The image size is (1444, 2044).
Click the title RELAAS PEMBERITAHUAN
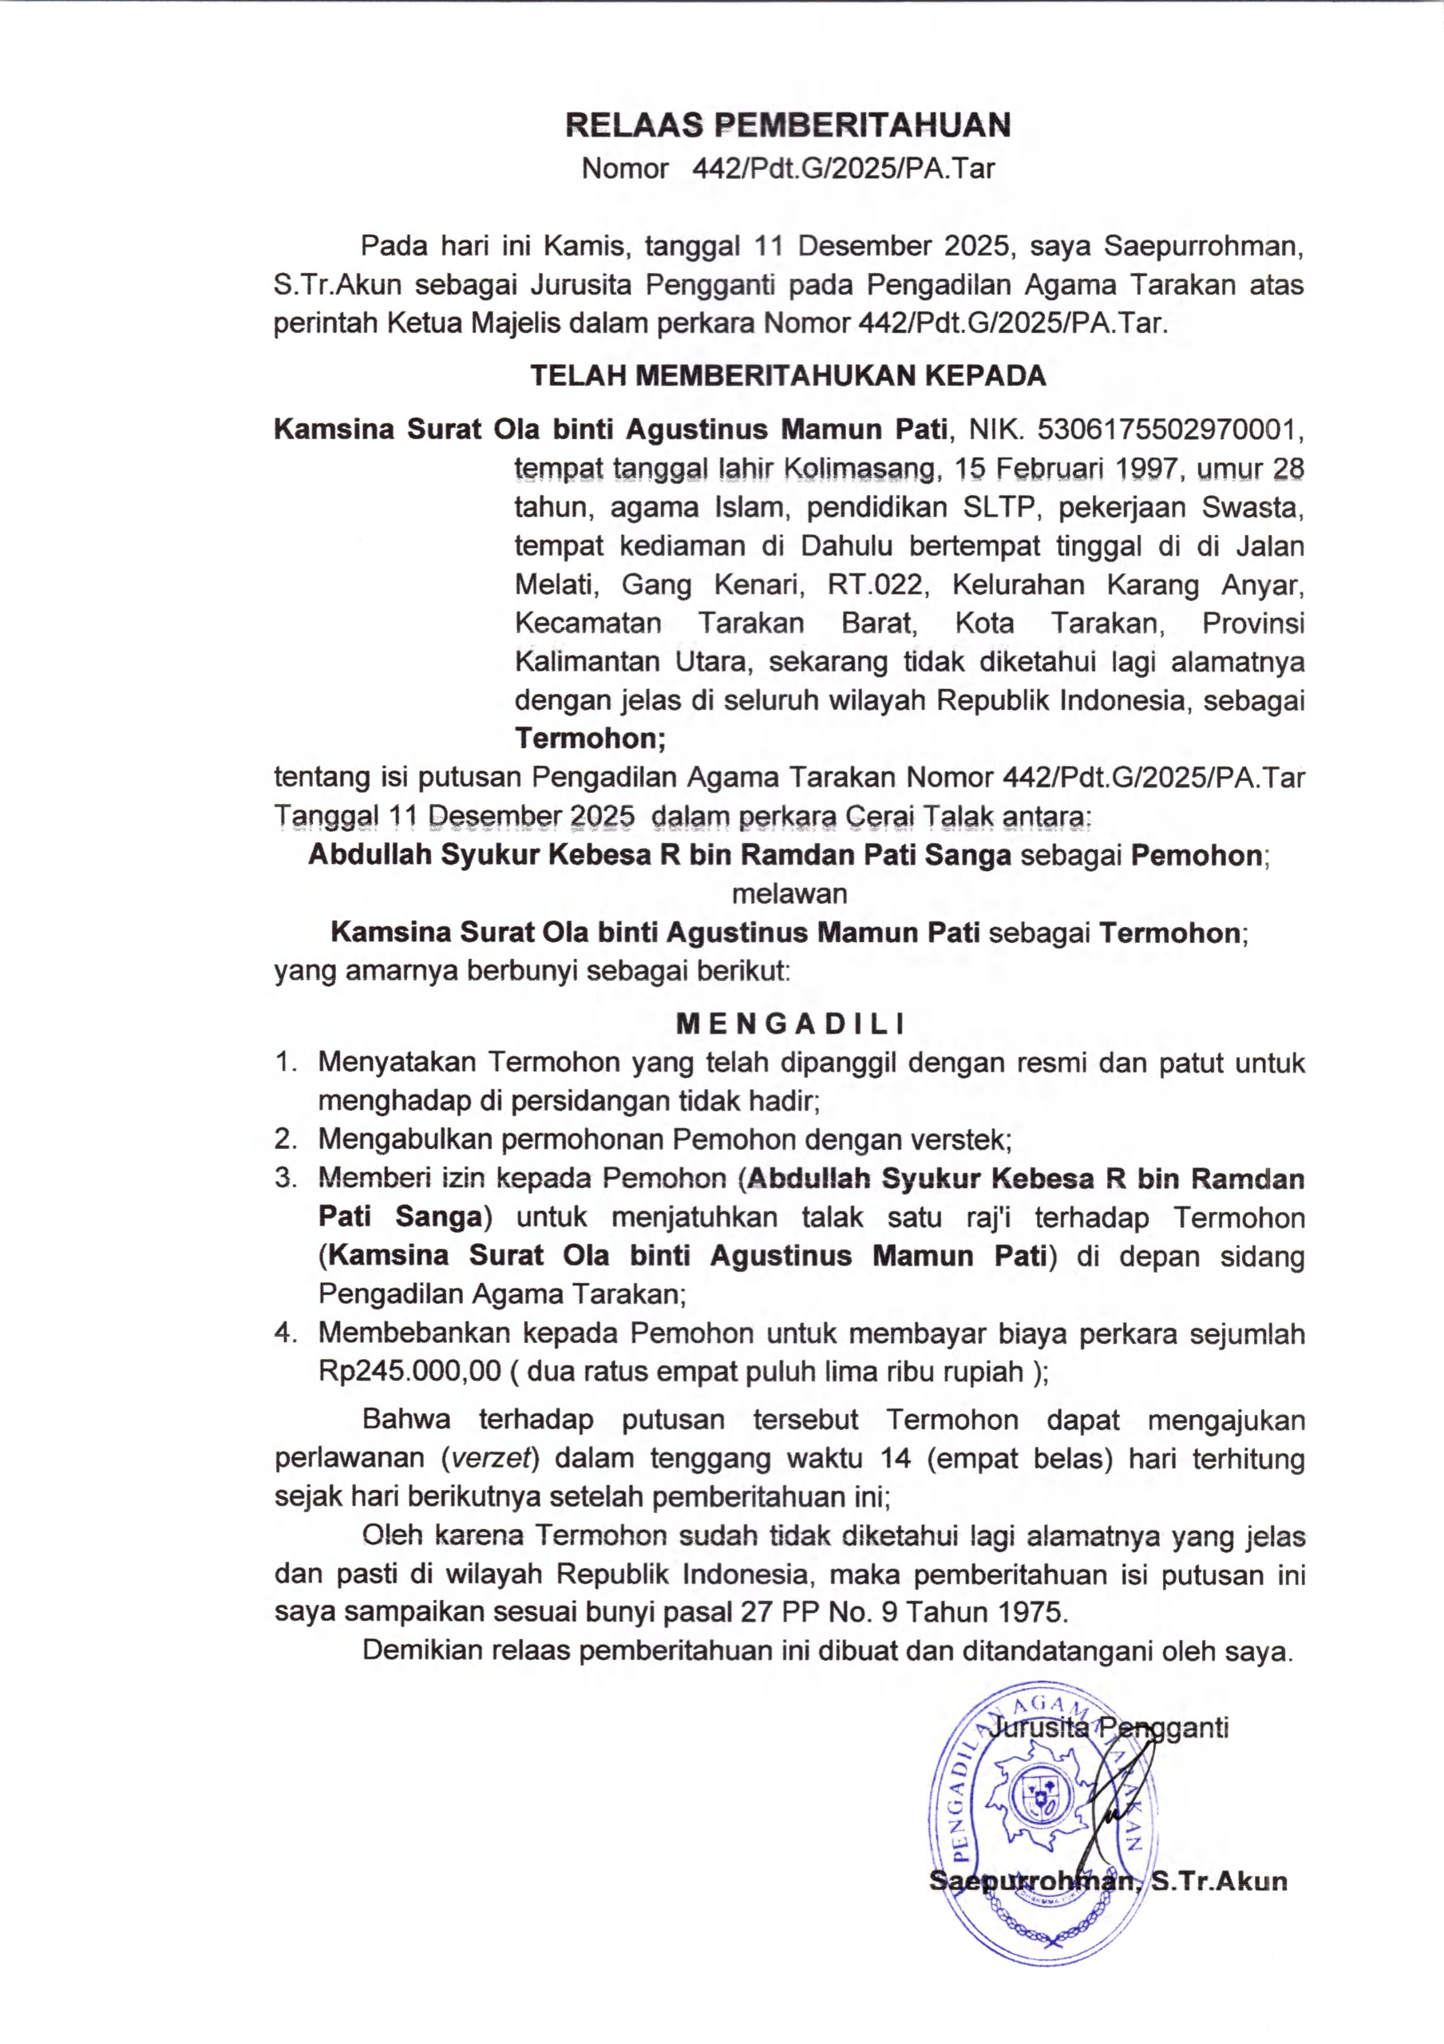point(788,125)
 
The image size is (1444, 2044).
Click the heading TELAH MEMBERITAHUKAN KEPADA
point(788,376)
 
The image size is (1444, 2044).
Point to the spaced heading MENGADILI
point(789,1024)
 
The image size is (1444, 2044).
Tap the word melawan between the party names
point(789,893)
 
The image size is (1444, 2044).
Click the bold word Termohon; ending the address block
point(589,739)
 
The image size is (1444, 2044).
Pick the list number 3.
point(285,1178)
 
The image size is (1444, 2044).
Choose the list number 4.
point(285,1333)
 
